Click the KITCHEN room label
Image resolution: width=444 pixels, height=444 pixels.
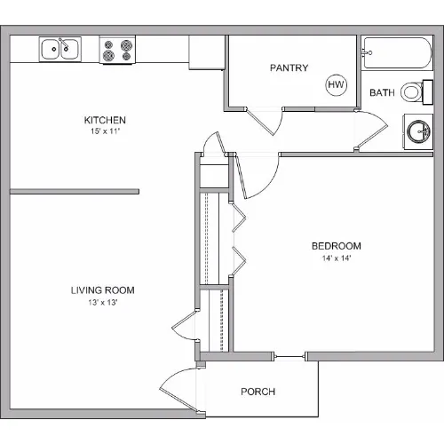(x=105, y=120)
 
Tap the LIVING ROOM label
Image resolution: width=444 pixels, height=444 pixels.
(x=103, y=290)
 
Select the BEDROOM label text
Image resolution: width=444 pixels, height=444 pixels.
(x=337, y=246)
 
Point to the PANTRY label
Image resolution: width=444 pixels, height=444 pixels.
(x=289, y=67)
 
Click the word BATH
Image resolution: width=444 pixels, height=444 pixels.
(x=382, y=92)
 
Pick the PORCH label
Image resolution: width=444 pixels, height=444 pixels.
(x=258, y=392)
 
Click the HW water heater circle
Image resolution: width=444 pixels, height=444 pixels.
(x=337, y=84)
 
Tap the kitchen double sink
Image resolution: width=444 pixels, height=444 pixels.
(x=60, y=49)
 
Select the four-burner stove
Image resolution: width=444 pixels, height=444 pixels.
(x=117, y=50)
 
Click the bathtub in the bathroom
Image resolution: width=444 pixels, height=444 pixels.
(x=397, y=53)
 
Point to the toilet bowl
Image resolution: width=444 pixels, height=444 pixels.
(x=412, y=91)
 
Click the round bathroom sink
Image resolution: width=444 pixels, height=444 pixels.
(x=418, y=131)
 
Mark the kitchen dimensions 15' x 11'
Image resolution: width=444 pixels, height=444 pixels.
(x=105, y=131)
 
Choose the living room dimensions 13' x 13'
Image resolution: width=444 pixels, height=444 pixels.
(x=103, y=303)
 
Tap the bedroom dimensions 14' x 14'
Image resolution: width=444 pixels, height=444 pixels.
(x=337, y=258)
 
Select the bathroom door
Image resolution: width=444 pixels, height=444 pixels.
(x=372, y=131)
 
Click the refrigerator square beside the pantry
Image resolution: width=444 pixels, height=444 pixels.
(x=206, y=52)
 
